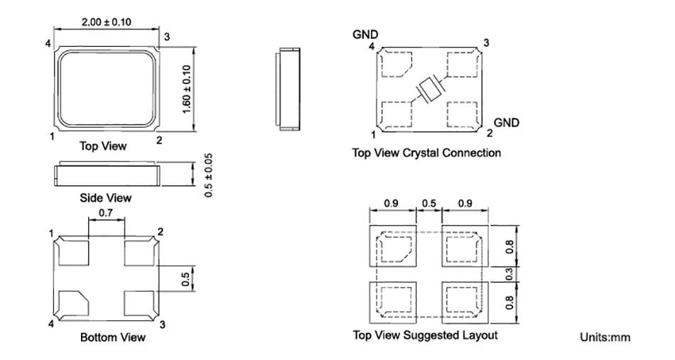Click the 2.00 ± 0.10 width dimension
[107, 22]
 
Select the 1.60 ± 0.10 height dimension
[186, 89]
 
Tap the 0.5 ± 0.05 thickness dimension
[209, 175]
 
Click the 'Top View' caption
[103, 146]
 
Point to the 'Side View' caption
[105, 198]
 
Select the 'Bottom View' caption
[113, 337]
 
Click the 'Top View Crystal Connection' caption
[426, 153]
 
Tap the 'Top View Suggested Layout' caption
[426, 335]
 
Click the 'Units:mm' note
[605, 337]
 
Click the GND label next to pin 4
[365, 34]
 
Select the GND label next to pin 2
[506, 123]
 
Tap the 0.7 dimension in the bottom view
[106, 213]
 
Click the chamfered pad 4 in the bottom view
[74, 303]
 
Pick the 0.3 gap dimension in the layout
[509, 274]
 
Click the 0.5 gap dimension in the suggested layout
[428, 203]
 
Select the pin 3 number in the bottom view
[162, 324]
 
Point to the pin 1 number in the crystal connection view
[373, 135]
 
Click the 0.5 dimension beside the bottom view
[185, 279]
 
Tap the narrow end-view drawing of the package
[288, 89]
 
